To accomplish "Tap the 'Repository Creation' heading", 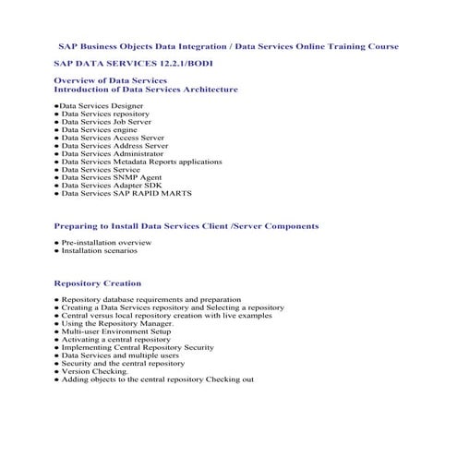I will [x=98, y=283].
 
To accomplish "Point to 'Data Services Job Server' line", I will [x=107, y=122].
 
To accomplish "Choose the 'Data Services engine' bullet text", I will [x=99, y=129].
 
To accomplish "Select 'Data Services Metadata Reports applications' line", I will [x=141, y=162].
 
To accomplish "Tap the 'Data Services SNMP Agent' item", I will [x=110, y=178].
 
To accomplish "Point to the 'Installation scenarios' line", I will [x=99, y=250].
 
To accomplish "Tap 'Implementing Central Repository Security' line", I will [x=138, y=347].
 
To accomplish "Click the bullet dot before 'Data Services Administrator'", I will [x=56, y=154].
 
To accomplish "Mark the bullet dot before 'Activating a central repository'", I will [x=56, y=340].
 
